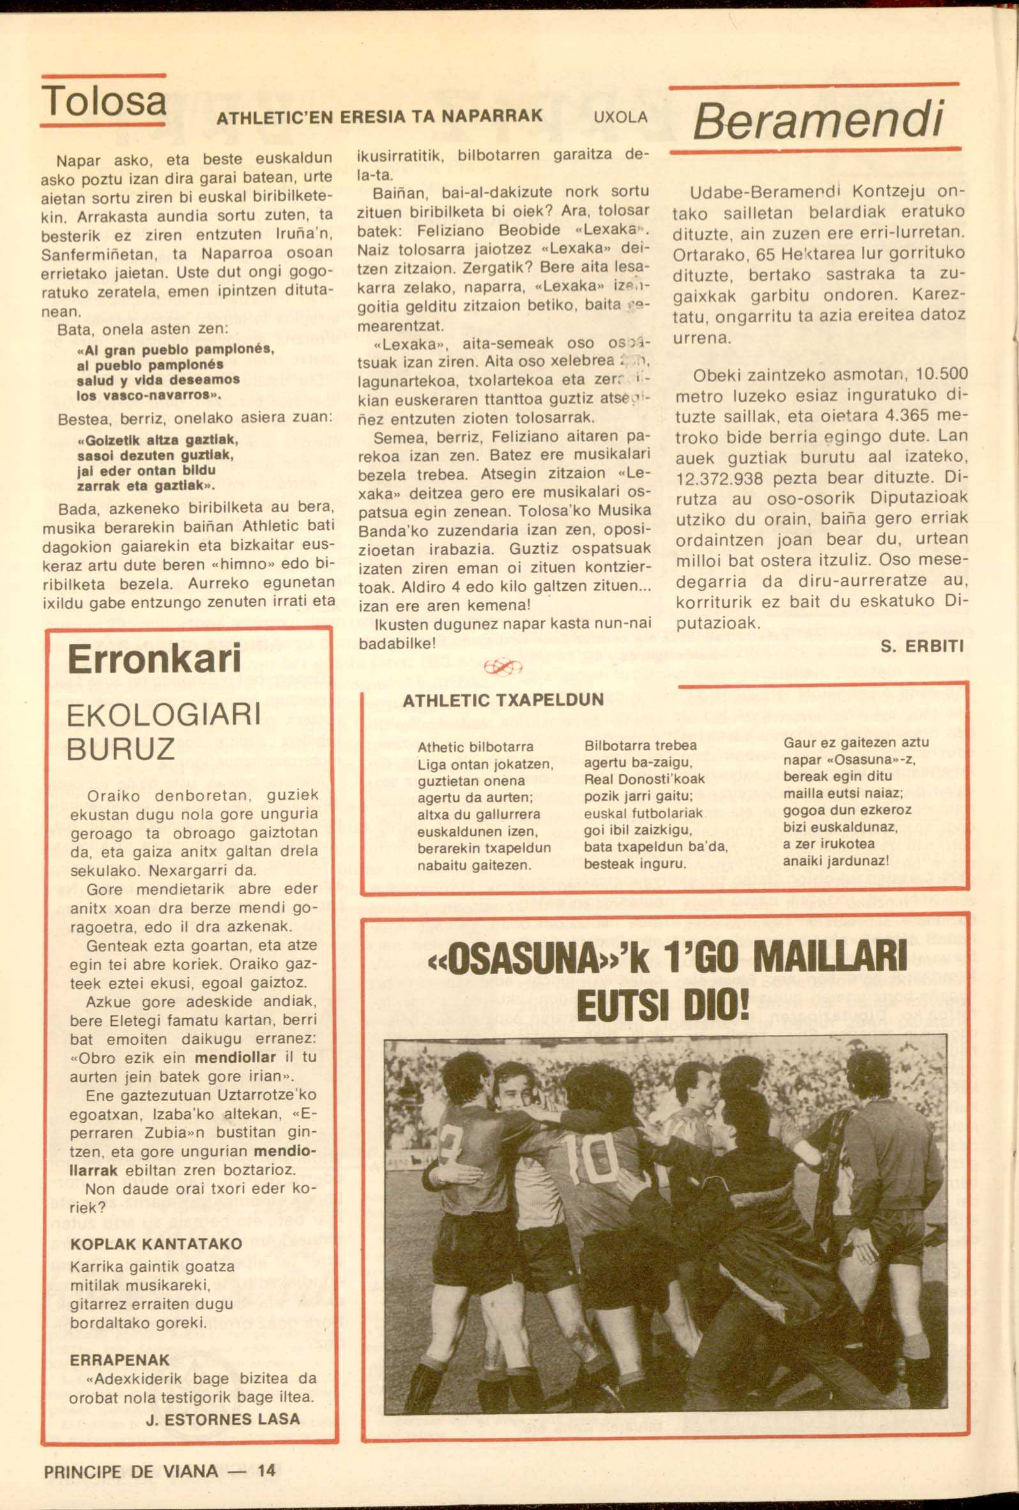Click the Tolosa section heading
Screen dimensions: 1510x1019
(103, 102)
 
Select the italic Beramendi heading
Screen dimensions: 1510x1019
(818, 120)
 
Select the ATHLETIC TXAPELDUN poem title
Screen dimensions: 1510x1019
(503, 701)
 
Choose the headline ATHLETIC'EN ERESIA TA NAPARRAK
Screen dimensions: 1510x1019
(379, 117)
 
